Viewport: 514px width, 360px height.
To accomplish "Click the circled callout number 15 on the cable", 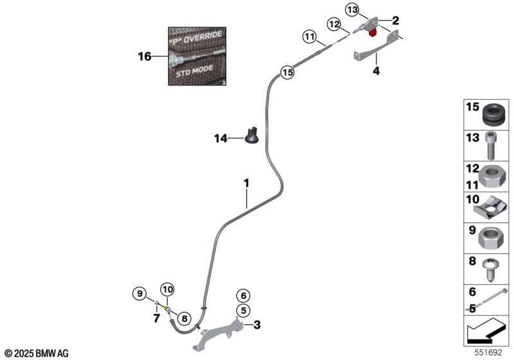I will point(287,73).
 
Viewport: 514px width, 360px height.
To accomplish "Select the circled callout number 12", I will point(334,24).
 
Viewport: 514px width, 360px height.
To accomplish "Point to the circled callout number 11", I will point(310,38).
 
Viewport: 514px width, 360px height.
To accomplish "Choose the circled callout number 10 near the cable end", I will point(167,289).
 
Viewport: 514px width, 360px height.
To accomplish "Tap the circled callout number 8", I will point(183,317).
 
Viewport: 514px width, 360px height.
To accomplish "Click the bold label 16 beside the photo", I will point(145,57).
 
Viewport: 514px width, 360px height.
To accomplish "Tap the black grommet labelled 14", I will point(253,137).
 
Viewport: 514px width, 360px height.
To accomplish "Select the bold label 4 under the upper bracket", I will point(377,72).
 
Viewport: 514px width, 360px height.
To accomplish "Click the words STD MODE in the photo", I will point(196,73).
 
